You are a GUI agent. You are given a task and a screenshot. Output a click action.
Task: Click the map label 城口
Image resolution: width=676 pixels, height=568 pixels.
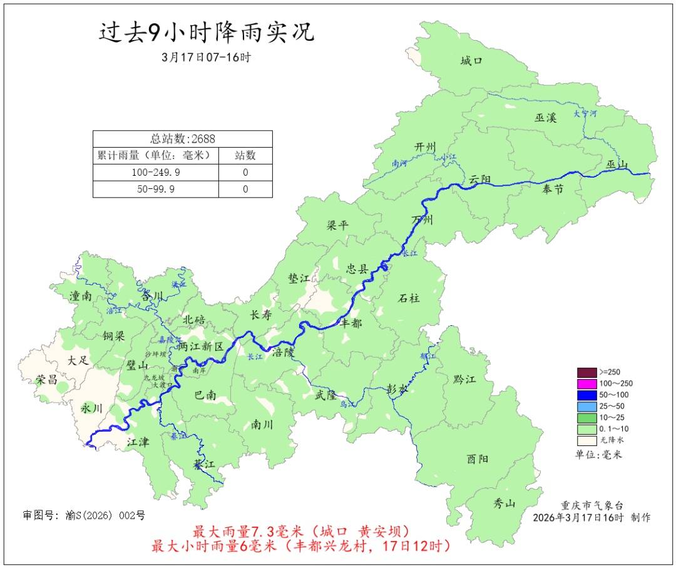(x=471, y=61)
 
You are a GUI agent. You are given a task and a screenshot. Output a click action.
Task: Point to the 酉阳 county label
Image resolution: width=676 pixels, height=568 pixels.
(x=477, y=459)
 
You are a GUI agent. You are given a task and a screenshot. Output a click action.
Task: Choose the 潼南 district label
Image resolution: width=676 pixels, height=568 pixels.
(x=81, y=297)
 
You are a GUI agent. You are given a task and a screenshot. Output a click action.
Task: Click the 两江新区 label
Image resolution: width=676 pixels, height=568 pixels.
(x=200, y=347)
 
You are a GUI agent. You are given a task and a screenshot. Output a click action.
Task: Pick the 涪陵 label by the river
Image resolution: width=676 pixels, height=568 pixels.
(x=283, y=352)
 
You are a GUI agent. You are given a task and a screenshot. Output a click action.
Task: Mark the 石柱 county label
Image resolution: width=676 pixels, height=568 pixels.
(x=409, y=298)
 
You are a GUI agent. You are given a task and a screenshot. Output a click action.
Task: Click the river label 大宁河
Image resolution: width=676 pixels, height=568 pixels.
(x=585, y=114)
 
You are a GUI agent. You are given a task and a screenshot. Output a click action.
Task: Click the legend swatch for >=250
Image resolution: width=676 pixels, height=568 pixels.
(x=586, y=372)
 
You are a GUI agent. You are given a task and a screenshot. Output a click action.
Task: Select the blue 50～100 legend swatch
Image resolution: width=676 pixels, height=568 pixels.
(x=586, y=395)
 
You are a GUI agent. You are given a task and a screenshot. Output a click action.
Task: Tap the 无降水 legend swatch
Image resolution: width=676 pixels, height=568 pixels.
(x=586, y=440)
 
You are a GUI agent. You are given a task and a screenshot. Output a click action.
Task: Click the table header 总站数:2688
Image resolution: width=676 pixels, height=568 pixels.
(x=182, y=139)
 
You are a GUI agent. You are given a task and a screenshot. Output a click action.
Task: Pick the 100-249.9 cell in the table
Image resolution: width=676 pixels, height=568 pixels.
(x=156, y=172)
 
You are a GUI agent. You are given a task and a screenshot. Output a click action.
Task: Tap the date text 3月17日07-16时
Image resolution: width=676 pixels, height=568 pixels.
(x=206, y=57)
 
